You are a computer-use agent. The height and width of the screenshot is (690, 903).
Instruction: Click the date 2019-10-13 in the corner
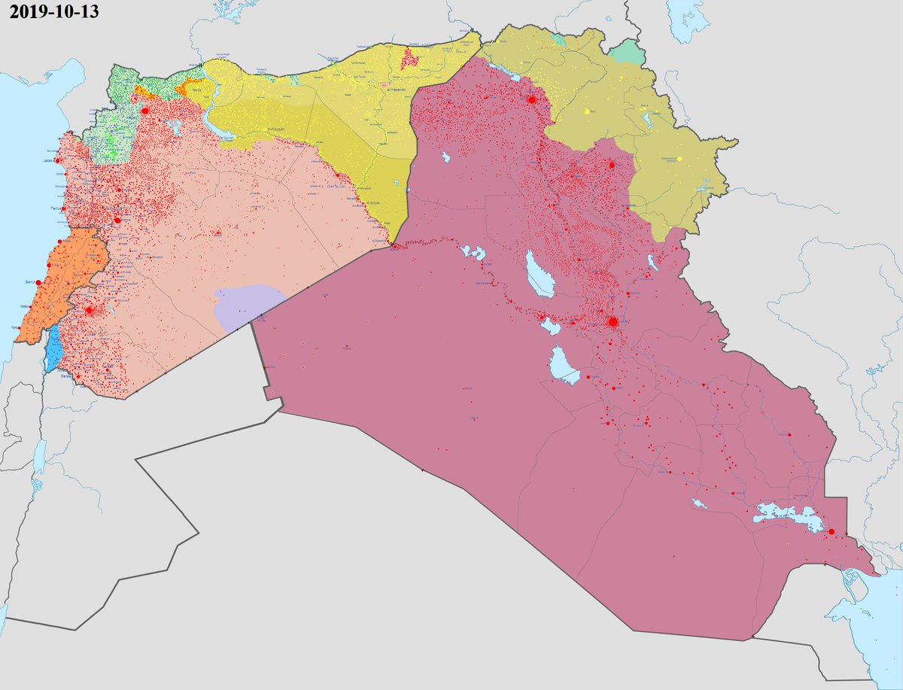[x=55, y=12]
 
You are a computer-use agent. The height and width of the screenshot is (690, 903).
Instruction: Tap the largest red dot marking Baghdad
[x=613, y=322]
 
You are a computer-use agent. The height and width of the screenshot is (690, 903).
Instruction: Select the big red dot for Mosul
[x=531, y=99]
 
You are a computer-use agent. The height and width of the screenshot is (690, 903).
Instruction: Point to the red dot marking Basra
[x=832, y=532]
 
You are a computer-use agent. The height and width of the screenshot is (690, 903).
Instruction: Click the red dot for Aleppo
[x=145, y=110]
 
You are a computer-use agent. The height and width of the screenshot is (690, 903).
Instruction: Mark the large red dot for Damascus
[x=90, y=310]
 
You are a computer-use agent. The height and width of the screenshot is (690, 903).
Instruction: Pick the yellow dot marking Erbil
[x=586, y=111]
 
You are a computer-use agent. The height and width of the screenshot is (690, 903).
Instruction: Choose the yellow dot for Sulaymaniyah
[x=679, y=159]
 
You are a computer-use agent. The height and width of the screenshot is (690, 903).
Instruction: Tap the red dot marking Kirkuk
[x=612, y=165]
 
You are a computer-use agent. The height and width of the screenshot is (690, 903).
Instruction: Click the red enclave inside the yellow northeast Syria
[x=410, y=58]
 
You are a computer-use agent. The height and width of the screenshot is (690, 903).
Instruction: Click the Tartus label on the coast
[x=55, y=208]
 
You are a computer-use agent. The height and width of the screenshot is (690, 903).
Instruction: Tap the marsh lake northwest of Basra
[x=786, y=515]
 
